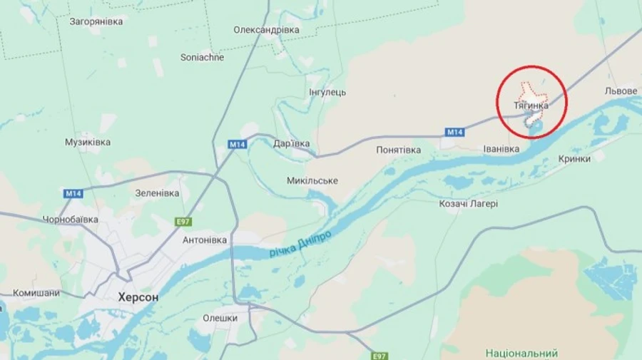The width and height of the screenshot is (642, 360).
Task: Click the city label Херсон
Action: coord(138,297)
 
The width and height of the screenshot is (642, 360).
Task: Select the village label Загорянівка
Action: coord(96,21)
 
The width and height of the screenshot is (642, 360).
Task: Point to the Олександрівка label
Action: coord(266,30)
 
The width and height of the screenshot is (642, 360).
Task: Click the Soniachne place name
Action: coord(202,57)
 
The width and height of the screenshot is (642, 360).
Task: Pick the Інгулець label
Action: coord(327,93)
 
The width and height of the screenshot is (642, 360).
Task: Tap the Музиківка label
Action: coord(88,143)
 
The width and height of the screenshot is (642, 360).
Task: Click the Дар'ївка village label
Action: coord(291,143)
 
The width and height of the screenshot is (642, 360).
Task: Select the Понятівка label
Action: coord(399,150)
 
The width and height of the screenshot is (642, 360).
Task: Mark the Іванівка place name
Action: coord(501,149)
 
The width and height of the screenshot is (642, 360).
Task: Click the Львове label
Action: coord(620,91)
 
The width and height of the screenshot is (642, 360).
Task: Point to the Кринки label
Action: coord(574,159)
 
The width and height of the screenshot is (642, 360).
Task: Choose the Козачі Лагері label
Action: coord(468,204)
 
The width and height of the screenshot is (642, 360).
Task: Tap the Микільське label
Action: coord(312,180)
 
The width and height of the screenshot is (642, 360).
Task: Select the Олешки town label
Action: coord(220,318)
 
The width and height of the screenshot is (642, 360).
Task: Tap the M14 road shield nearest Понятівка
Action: coord(454,132)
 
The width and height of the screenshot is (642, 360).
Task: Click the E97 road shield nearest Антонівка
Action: coord(184,222)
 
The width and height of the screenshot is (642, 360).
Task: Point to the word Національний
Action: coord(521,353)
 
